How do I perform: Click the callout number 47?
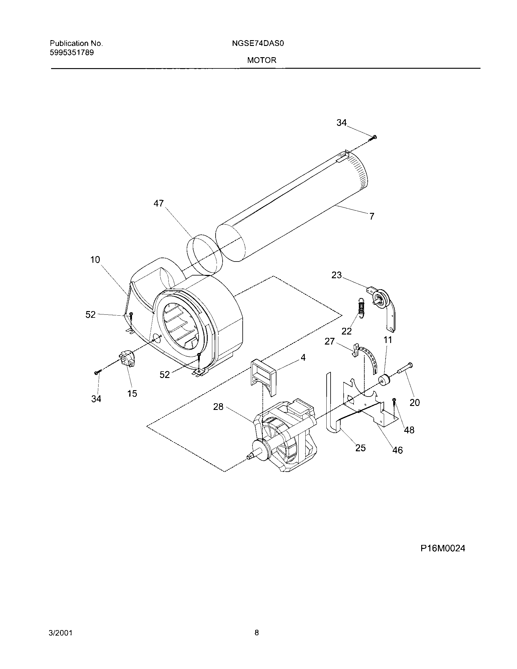(x=159, y=203)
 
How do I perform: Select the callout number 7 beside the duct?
(x=372, y=217)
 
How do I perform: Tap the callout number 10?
(x=95, y=260)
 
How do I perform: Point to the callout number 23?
(x=336, y=276)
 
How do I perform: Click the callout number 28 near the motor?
(x=218, y=407)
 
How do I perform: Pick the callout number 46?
(x=397, y=450)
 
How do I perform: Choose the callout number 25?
(x=360, y=448)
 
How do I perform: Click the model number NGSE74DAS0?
(x=258, y=43)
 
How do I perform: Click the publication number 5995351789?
(x=72, y=53)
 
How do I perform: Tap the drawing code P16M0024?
(x=442, y=548)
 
